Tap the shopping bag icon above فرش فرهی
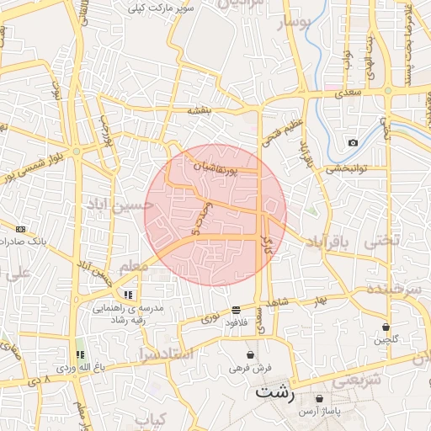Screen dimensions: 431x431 point(251,355)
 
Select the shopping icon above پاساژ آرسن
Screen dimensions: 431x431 point(319,398)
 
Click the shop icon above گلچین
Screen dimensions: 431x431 point(386,327)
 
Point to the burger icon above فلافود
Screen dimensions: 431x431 point(235,310)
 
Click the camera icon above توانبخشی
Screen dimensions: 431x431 point(353,142)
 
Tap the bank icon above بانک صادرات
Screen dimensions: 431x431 point(20,229)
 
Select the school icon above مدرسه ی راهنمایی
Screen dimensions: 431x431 point(128,295)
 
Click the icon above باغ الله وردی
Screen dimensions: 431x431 point(81,355)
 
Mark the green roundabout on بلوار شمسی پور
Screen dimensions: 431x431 point(76,152)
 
